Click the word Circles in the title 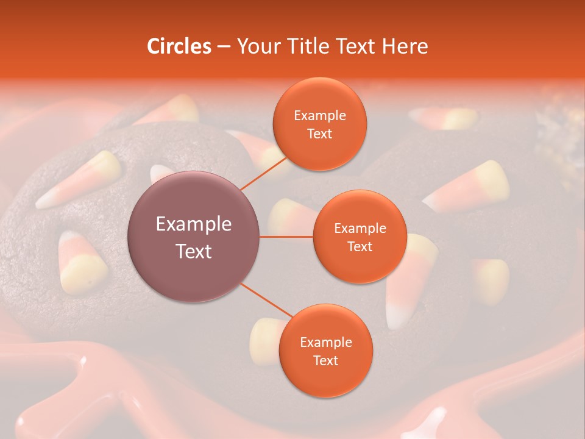coord(179,46)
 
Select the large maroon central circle coord(194,237)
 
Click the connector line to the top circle coord(264,173)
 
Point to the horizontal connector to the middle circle coord(286,237)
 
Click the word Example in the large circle coord(194,224)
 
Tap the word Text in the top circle coord(319,134)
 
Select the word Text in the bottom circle coord(325,360)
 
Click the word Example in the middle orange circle coord(360,229)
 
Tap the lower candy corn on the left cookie coord(82,262)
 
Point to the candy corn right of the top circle coord(469,185)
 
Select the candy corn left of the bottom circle coord(266,341)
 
